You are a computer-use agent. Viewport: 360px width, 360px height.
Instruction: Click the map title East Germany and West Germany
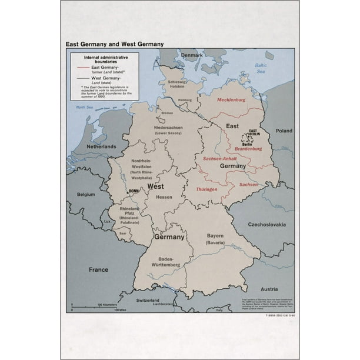click(114, 44)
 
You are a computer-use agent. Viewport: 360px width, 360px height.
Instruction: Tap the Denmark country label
click(192, 55)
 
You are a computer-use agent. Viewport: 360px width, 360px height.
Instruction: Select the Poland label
click(284, 131)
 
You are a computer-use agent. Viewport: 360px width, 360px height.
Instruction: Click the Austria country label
click(269, 289)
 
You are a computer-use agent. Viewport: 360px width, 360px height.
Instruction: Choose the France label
click(98, 269)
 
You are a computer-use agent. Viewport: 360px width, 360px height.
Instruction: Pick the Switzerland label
click(148, 299)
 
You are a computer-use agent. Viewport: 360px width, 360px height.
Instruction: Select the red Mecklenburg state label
click(231, 100)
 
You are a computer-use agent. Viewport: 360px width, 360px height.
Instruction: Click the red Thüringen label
click(206, 189)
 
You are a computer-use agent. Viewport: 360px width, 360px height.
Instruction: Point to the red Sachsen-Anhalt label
click(219, 159)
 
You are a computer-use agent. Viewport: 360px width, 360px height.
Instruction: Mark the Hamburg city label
click(185, 100)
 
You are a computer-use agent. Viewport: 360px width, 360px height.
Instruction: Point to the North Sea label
click(85, 108)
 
